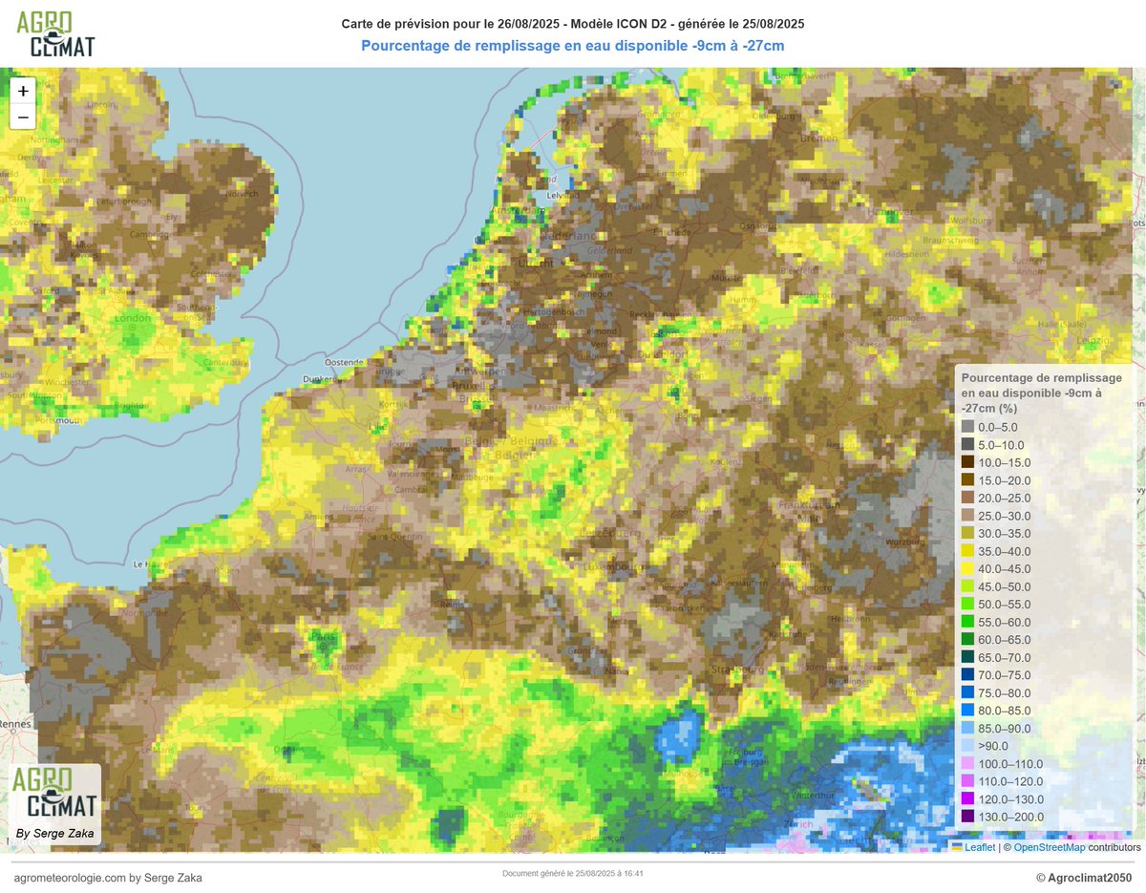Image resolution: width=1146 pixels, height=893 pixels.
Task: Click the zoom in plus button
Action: point(23,91)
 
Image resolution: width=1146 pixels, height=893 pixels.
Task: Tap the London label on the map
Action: point(133,319)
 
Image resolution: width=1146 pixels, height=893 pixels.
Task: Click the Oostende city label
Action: point(345,363)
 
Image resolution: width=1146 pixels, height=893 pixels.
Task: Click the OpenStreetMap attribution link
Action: point(1050,847)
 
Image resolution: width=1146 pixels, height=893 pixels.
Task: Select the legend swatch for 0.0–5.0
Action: point(968,428)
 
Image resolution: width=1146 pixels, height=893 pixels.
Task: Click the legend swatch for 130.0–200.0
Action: point(968,817)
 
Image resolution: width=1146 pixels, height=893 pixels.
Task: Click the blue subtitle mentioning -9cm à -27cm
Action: point(573,45)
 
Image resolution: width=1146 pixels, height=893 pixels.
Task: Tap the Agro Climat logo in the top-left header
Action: point(55,34)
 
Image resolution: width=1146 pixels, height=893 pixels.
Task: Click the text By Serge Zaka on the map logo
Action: point(54,834)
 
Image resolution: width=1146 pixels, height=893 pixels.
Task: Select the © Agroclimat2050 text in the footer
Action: point(1083,878)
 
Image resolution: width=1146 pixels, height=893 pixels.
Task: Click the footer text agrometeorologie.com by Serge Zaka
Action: point(108,878)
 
